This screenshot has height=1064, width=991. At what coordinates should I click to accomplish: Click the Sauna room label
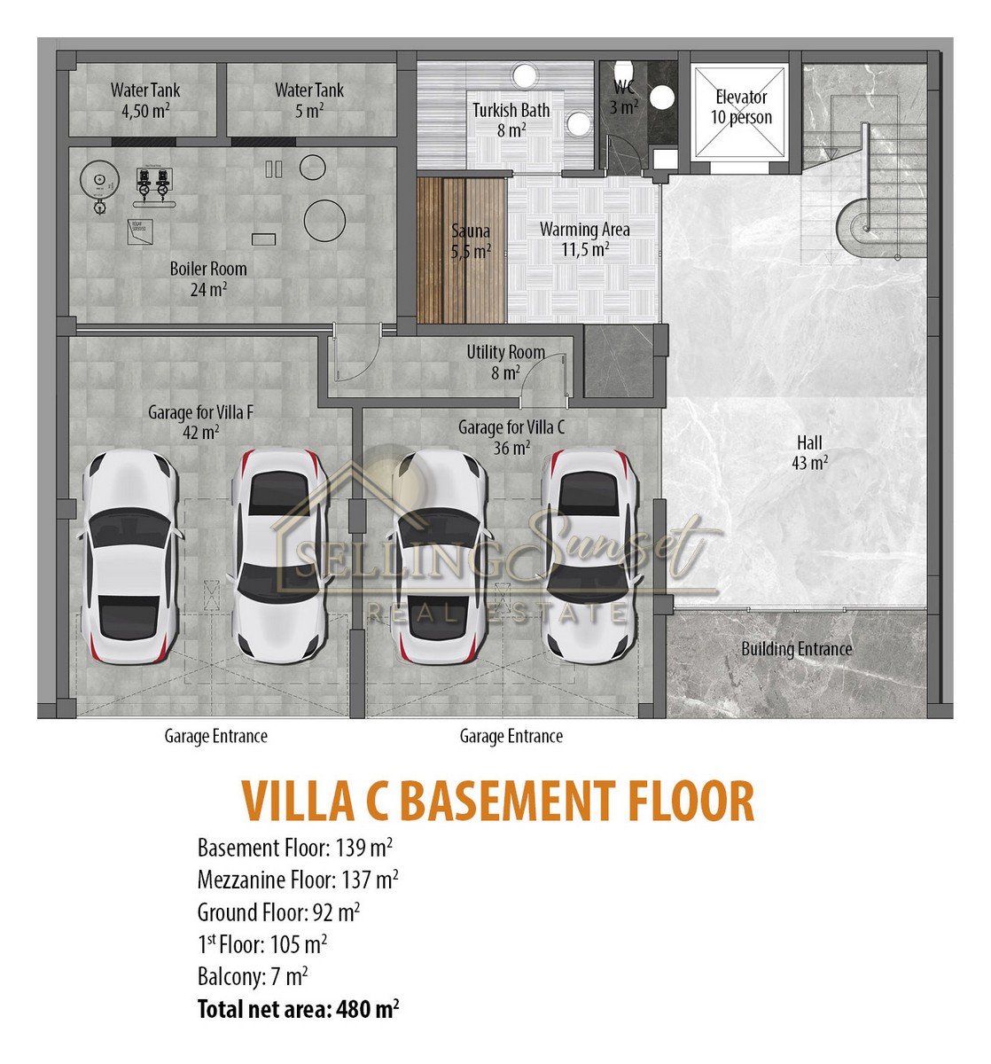[471, 241]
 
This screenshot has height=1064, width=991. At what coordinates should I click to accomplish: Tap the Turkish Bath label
[511, 120]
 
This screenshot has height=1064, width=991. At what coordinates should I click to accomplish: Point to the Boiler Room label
[208, 278]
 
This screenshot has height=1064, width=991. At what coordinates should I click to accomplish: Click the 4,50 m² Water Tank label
[145, 100]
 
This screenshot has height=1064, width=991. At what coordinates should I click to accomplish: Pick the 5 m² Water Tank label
[309, 100]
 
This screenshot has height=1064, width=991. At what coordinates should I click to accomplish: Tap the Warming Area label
[585, 239]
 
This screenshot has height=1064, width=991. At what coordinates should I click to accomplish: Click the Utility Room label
[505, 362]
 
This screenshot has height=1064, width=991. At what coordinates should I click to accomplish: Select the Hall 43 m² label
[809, 452]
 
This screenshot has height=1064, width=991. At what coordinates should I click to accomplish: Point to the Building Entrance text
[797, 649]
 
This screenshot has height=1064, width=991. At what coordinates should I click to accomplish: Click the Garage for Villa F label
[201, 422]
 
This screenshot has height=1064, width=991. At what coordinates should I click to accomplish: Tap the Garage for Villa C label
[511, 437]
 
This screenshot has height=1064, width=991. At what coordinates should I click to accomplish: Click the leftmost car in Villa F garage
[129, 556]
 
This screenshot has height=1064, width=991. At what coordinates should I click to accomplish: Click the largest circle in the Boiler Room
[324, 220]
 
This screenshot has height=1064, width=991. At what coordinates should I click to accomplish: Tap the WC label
[624, 97]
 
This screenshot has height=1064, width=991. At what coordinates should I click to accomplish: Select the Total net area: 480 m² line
[299, 1009]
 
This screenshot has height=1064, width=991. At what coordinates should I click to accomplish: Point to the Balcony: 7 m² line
[253, 977]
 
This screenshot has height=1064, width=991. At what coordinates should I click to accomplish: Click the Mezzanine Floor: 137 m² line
[298, 880]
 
